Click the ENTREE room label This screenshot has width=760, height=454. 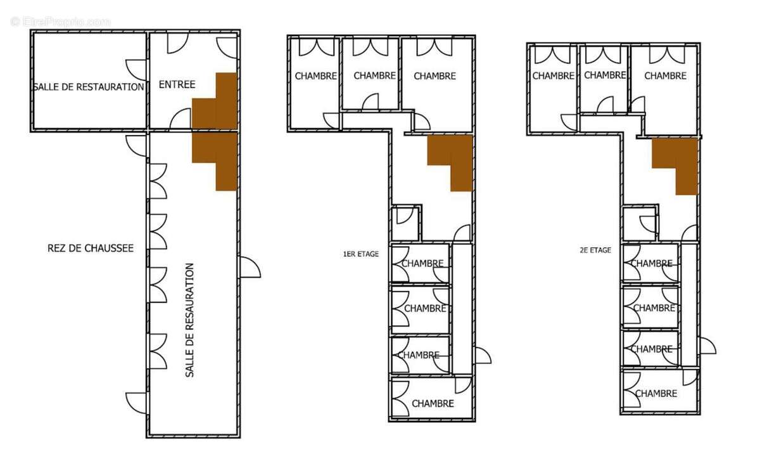(177, 84)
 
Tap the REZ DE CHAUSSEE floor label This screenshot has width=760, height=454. (91, 248)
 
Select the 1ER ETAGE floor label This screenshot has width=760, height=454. (361, 254)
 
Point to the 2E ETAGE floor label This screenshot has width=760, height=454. (595, 250)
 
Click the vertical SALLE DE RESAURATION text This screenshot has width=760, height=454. (189, 320)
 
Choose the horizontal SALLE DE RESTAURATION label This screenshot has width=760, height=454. (89, 87)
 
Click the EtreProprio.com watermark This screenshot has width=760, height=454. (60, 22)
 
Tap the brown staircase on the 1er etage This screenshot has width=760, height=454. (450, 163)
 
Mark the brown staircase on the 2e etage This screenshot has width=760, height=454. (675, 166)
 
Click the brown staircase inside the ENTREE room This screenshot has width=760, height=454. (215, 101)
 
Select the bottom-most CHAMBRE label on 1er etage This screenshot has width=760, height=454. (433, 403)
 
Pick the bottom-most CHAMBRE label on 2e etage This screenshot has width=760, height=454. (656, 394)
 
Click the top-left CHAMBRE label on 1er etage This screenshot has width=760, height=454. (316, 76)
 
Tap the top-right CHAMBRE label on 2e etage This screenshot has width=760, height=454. (666, 75)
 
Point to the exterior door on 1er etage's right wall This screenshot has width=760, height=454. (483, 355)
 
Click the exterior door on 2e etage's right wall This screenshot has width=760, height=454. (707, 346)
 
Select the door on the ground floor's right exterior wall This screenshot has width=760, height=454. (250, 267)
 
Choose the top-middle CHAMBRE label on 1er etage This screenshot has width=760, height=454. (374, 75)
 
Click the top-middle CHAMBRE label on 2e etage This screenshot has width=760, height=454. (605, 75)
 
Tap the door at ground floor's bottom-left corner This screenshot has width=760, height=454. (136, 403)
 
